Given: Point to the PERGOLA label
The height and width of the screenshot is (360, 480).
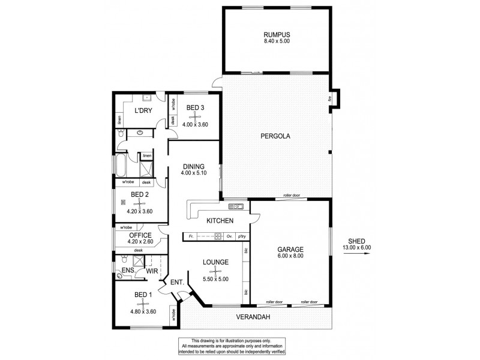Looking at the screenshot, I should click(275, 136).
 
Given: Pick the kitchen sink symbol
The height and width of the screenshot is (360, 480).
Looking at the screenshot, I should click(235, 207).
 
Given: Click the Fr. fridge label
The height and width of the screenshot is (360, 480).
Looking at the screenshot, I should click(190, 236).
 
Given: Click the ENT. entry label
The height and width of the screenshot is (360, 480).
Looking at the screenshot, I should click(176, 282).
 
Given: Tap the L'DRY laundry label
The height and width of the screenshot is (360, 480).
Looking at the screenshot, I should click(142, 111).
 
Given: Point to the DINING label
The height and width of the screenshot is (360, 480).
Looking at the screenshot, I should click(193, 167).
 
